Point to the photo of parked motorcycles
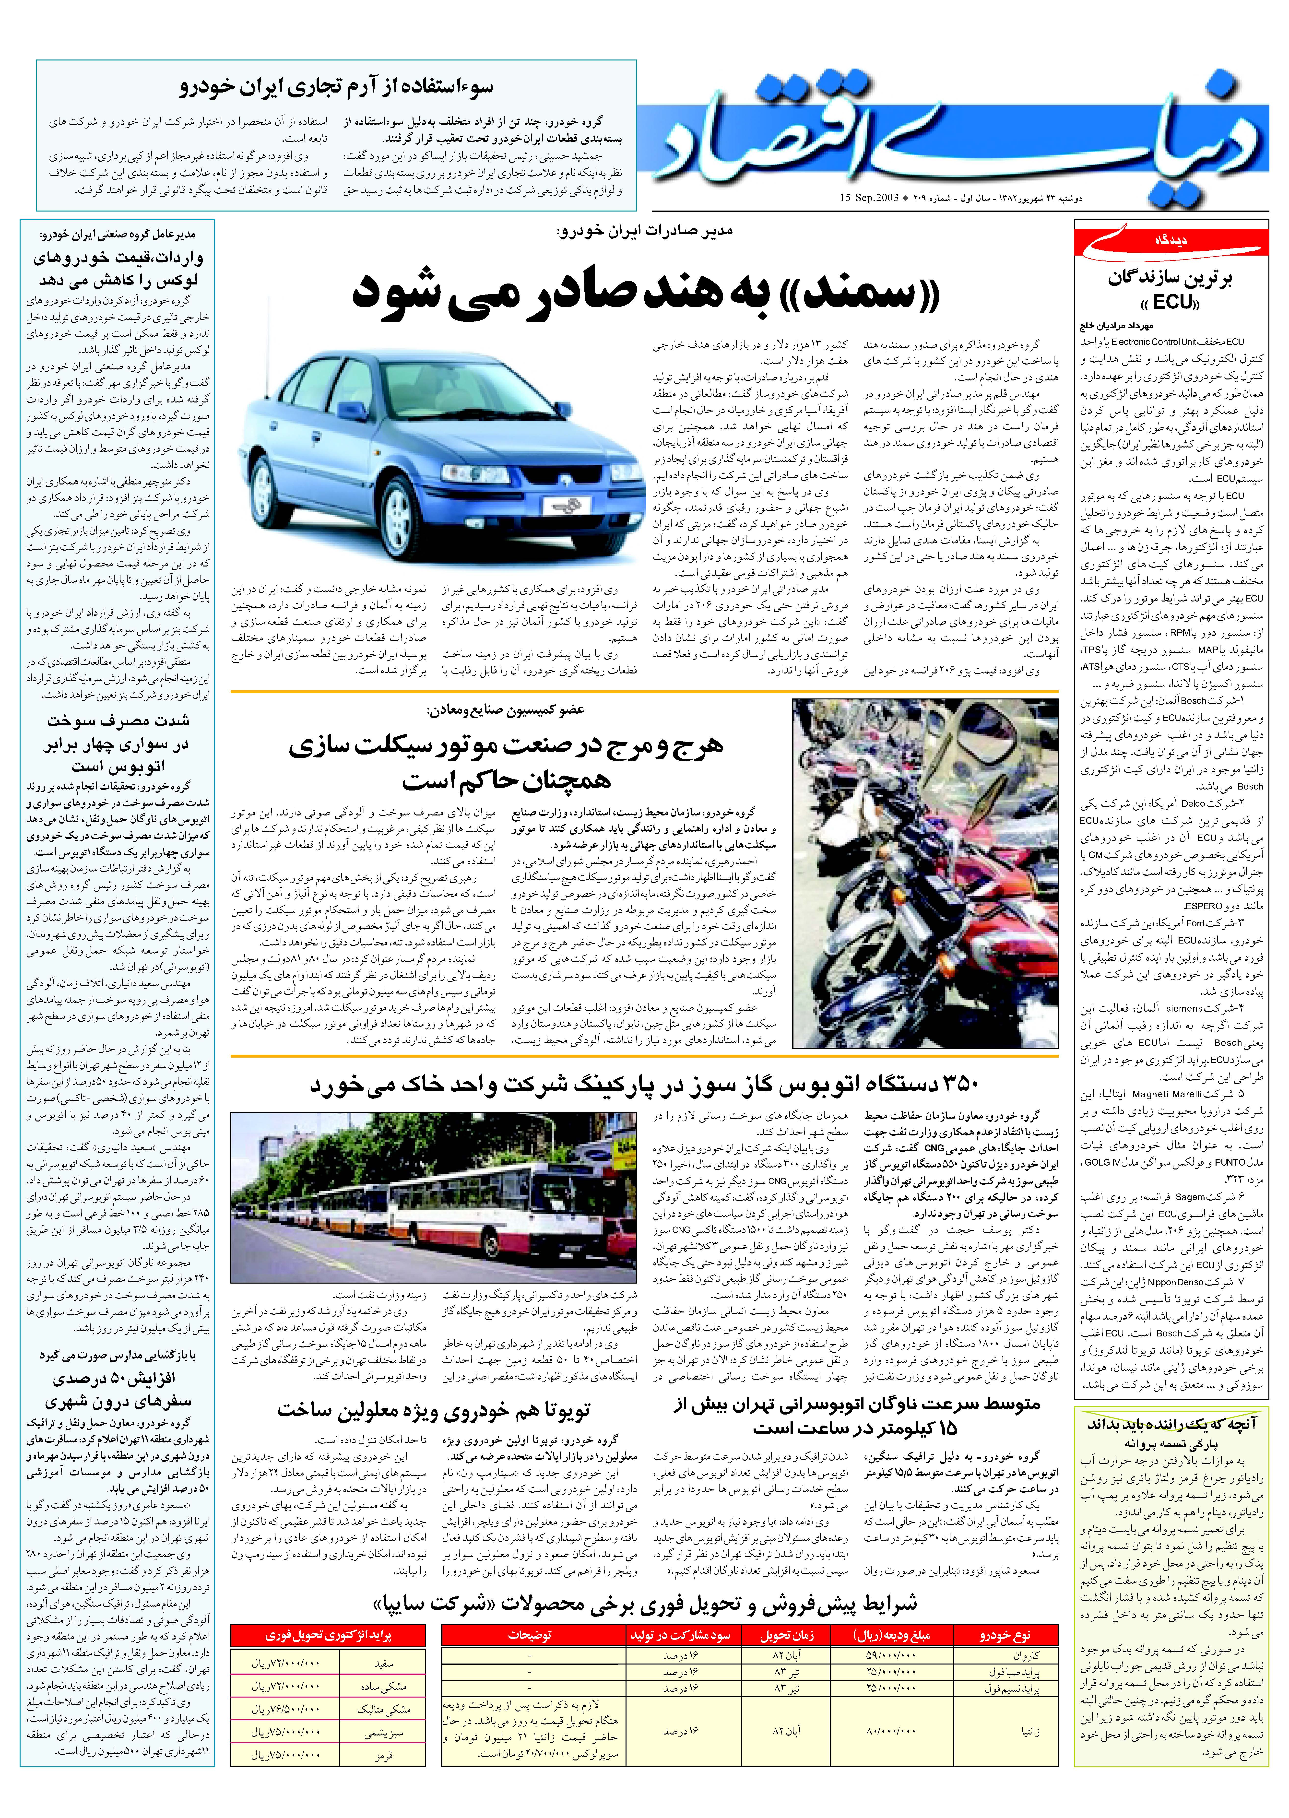click(925, 873)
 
